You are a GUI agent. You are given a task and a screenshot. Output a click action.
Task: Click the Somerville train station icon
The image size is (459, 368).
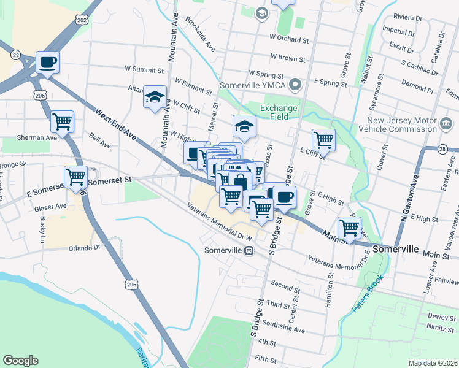tap(249, 250)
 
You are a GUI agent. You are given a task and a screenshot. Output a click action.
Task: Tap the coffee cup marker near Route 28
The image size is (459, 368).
tap(47, 62)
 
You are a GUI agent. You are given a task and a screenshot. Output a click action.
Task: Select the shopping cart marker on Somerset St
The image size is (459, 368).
tap(75, 177)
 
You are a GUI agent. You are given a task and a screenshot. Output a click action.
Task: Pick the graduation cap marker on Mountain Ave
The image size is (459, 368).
tap(155, 96)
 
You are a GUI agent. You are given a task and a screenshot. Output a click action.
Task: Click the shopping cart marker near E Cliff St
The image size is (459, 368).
tap(323, 140)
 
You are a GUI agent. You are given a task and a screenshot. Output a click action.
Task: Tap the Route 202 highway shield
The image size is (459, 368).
tap(82, 20)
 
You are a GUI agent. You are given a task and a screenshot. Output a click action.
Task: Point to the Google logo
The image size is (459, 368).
tap(21, 361)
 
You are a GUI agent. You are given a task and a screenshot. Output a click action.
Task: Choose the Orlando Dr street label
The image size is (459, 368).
tap(84, 248)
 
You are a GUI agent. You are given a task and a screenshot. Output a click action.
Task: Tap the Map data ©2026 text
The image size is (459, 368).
tap(433, 363)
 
